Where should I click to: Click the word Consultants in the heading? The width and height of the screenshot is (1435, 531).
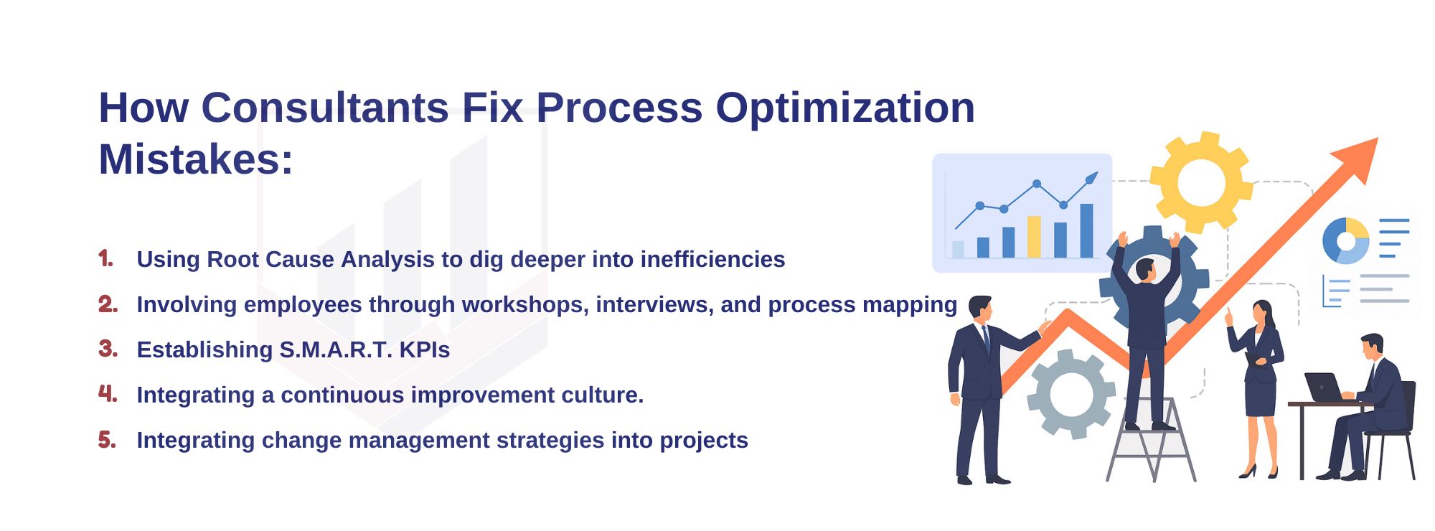pyautogui.click(x=324, y=109)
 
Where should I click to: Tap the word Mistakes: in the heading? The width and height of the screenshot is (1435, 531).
pyautogui.click(x=195, y=159)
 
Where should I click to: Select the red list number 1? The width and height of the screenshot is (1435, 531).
pyautogui.click(x=105, y=259)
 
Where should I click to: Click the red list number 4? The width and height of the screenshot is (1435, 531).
pyautogui.click(x=107, y=394)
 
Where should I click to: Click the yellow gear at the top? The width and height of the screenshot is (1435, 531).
pyautogui.click(x=1201, y=182)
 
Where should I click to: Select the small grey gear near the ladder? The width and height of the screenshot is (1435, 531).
pyautogui.click(x=1071, y=394)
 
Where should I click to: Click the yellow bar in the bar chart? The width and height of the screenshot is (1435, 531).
pyautogui.click(x=1034, y=237)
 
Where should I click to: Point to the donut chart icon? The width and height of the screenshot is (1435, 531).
pyautogui.click(x=1345, y=240)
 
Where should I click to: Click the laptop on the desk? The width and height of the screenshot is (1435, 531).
pyautogui.click(x=1322, y=388)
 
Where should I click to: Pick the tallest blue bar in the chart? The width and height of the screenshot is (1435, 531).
pyautogui.click(x=1086, y=230)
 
